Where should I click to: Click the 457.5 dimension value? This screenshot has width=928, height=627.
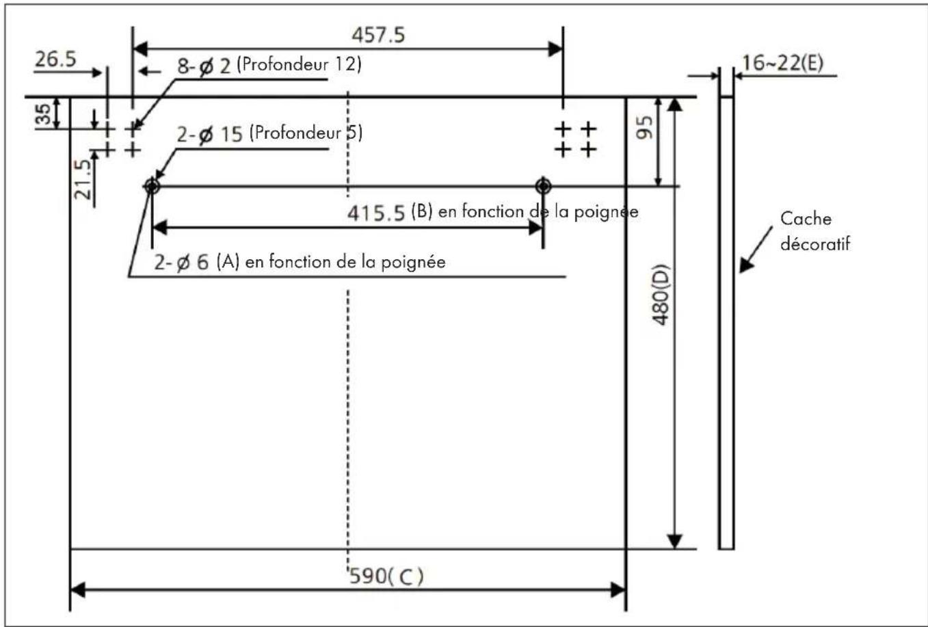click(x=378, y=35)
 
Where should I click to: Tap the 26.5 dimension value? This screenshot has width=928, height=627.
click(x=55, y=59)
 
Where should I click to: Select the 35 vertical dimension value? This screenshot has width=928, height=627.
click(x=43, y=114)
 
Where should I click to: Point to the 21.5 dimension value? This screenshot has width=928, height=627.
click(x=82, y=180)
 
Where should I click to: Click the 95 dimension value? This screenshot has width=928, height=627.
click(x=645, y=127)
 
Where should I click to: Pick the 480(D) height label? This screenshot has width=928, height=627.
click(x=661, y=295)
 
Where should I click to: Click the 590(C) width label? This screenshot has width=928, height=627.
click(x=386, y=576)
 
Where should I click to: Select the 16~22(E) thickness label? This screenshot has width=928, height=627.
click(x=782, y=63)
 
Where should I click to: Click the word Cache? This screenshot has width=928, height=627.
click(x=806, y=219)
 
